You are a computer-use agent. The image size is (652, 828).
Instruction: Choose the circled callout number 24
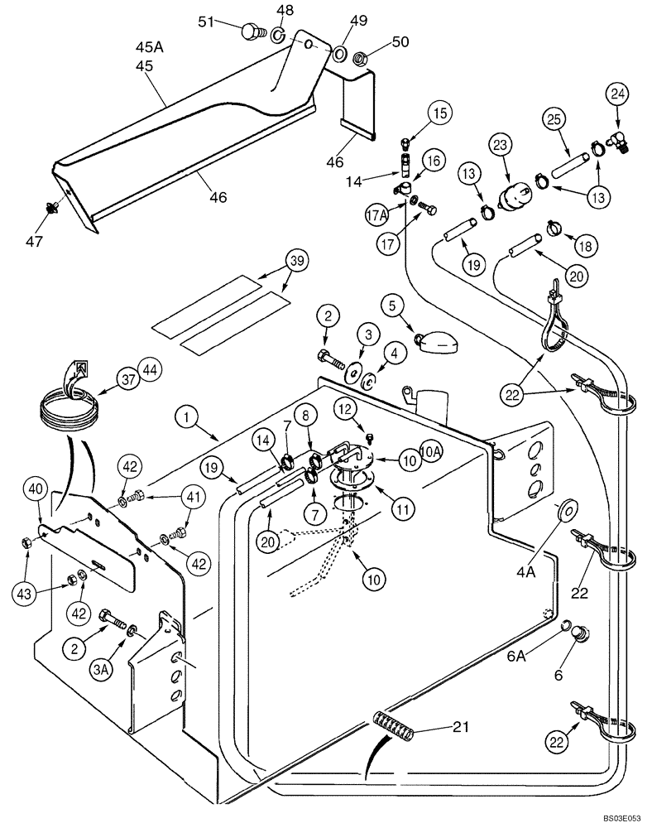click(617, 94)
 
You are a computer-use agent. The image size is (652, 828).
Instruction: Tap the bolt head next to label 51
click(249, 31)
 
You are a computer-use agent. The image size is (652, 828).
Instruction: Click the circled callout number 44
click(150, 379)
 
